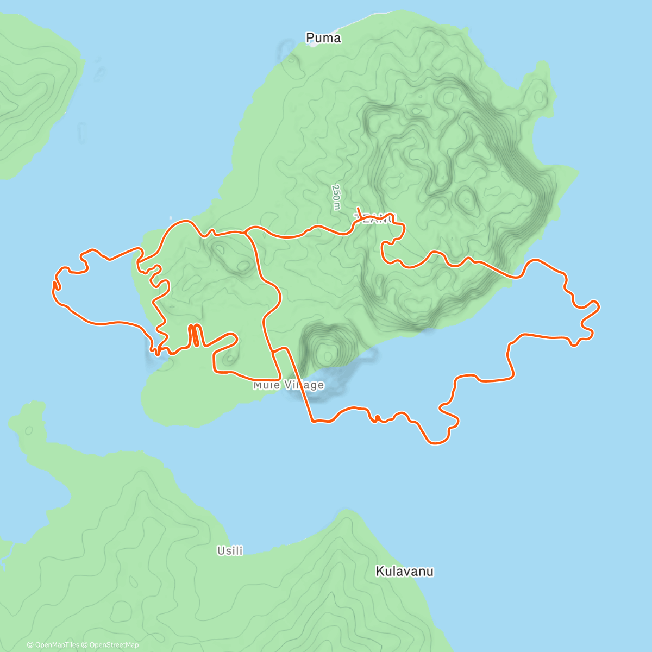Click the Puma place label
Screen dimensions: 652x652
(x=323, y=38)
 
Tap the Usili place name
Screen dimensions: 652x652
(x=230, y=550)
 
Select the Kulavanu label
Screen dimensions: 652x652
(x=405, y=571)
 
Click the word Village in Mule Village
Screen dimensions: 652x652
(x=305, y=385)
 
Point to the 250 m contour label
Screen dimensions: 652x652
(x=336, y=197)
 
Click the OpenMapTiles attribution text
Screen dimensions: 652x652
(x=57, y=645)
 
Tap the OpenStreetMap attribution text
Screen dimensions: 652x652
(x=114, y=645)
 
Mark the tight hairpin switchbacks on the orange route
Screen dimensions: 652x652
(x=195, y=335)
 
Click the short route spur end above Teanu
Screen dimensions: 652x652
(x=358, y=208)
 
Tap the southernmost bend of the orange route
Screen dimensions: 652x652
(x=435, y=443)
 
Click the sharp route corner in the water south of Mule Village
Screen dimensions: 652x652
(x=312, y=421)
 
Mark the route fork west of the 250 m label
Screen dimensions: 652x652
(x=246, y=233)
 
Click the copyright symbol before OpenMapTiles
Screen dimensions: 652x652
(x=30, y=645)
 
